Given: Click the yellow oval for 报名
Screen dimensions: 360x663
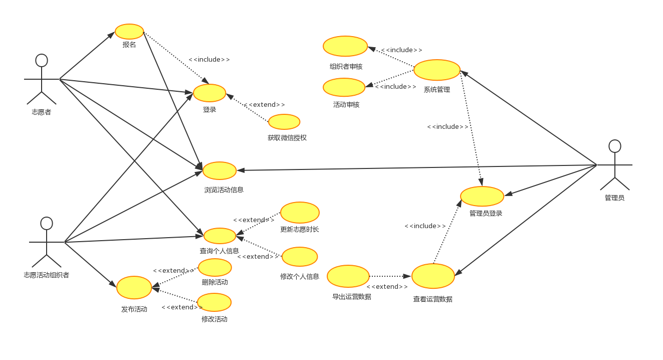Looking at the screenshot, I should click(x=129, y=32).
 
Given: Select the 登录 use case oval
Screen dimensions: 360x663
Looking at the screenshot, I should click(x=209, y=93).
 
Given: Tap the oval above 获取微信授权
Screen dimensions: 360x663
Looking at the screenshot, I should click(x=284, y=122).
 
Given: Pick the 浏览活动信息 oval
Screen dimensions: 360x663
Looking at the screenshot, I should click(x=219, y=170).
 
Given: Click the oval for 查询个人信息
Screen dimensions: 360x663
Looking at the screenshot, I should click(x=219, y=236).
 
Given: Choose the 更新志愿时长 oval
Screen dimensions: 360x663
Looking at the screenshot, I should click(x=300, y=213).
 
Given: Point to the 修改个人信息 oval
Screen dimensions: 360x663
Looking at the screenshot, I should click(x=300, y=257).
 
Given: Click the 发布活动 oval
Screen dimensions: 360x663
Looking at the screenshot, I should click(x=134, y=287).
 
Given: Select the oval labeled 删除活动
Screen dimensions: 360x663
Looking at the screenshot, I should click(x=215, y=267).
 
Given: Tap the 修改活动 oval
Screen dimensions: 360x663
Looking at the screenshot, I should click(x=214, y=302).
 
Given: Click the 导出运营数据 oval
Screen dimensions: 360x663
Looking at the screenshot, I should click(x=348, y=276).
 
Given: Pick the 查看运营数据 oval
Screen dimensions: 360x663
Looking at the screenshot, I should click(x=433, y=276).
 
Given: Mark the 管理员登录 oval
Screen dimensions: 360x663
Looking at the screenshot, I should click(x=482, y=196).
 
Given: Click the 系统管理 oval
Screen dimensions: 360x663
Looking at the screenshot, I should click(x=437, y=70).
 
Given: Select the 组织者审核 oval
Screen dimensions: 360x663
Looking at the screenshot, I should click(x=345, y=46).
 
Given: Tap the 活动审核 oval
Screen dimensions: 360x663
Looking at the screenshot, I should click(x=344, y=87).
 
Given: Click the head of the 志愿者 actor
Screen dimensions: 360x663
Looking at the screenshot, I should click(x=42, y=60).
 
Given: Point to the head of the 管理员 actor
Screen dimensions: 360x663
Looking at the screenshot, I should click(x=615, y=146).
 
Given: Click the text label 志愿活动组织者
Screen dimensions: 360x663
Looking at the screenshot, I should click(x=47, y=275).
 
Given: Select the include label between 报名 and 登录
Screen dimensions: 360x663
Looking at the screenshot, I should click(x=209, y=60).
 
